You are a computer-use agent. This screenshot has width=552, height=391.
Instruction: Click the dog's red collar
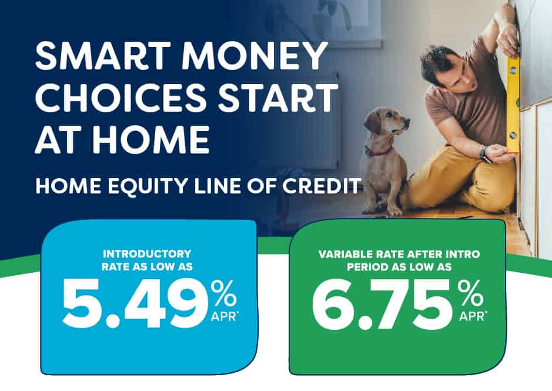pyautogui.click(x=379, y=152)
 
